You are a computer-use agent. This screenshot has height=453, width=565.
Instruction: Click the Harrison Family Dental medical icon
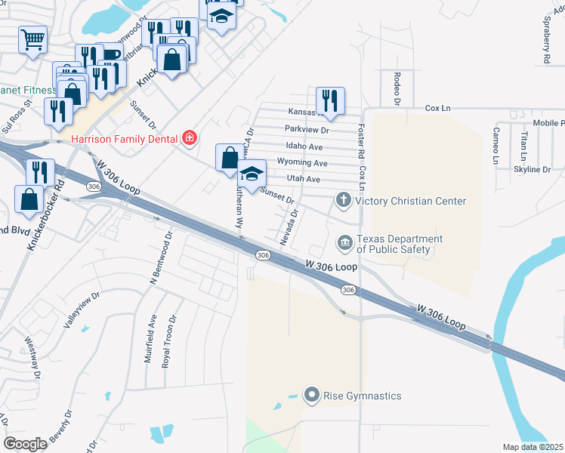tap(189, 138)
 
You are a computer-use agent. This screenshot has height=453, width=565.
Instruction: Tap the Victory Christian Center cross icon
tap(343, 201)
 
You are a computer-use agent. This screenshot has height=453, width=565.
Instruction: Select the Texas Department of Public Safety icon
tap(344, 242)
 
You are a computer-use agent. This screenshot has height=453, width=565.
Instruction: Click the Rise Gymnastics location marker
tap(310, 396)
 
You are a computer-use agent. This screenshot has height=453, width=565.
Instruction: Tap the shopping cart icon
tap(32, 39)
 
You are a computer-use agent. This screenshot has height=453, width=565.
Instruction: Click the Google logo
tap(25, 443)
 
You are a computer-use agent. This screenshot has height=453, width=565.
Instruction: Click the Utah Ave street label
tap(304, 179)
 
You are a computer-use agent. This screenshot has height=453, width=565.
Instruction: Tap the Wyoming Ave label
tap(302, 163)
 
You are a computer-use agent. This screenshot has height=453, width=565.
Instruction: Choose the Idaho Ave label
tap(304, 146)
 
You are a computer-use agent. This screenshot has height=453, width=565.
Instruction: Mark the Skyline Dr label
tap(533, 170)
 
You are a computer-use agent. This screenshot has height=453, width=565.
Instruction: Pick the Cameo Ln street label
tap(496, 146)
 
